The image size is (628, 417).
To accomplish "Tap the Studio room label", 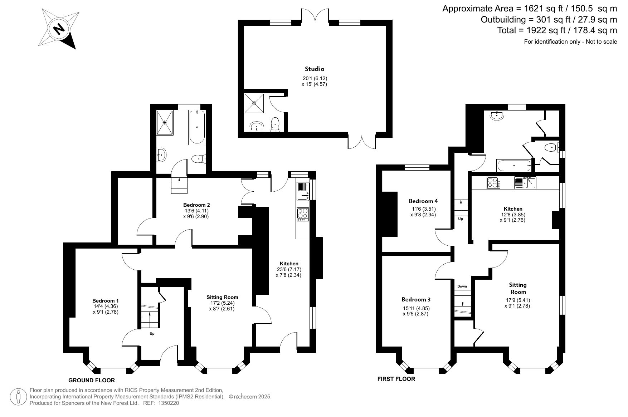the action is pos(315,69).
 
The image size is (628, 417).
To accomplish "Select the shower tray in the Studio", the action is pos(254,103).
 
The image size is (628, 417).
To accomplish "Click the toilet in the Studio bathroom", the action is pos(275,124).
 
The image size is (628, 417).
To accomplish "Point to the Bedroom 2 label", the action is pos(196,205).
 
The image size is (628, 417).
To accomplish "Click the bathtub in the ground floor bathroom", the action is pos(197,127).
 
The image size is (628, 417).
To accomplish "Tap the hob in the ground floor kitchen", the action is pos(303,214).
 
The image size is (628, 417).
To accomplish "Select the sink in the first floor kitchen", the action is pos(525,182).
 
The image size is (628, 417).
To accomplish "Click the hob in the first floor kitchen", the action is pos(493,183).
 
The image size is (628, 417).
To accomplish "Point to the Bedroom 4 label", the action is pos(423,201).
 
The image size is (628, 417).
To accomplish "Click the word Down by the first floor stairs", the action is pos(462,286).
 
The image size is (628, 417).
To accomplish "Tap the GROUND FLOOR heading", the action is pos(92,380).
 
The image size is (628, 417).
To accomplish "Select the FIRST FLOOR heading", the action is pos(396,379).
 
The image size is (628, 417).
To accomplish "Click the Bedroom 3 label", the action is pos(416,299).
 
